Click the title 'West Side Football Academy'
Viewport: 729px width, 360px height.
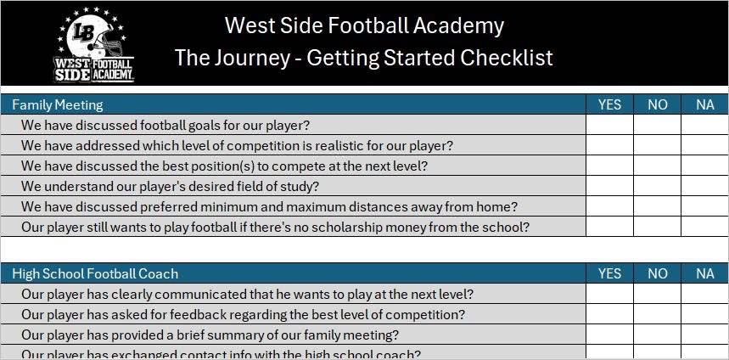pos(364,25)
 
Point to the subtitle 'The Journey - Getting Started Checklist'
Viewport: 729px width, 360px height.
pos(364,58)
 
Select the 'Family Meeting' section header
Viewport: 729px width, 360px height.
pos(58,105)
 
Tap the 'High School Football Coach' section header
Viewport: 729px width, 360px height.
pos(95,273)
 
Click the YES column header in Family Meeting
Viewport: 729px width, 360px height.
pos(609,105)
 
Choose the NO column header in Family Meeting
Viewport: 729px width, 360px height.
pos(657,105)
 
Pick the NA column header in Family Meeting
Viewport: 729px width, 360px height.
pos(704,105)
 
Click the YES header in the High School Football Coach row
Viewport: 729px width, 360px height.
pos(609,273)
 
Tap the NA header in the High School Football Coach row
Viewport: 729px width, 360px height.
pos(704,273)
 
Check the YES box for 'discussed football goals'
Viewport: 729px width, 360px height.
pos(609,126)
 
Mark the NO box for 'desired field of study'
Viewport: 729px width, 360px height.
pos(657,186)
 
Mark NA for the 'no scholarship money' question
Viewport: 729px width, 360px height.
pos(704,227)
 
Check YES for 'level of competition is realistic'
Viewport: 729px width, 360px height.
pos(609,145)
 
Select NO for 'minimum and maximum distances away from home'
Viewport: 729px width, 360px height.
pos(657,206)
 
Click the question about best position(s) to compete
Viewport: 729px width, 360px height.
pos(224,166)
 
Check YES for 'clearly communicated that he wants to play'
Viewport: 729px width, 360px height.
pos(609,294)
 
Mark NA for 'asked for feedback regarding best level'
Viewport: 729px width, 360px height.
pos(704,314)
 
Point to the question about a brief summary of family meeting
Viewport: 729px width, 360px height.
pos(210,335)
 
